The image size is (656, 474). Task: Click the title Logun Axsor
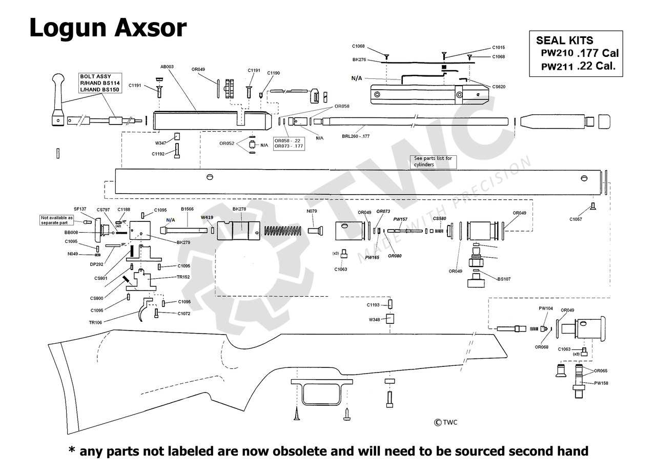pos(108,28)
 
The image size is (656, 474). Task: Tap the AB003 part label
pos(167,67)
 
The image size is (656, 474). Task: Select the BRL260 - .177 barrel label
pos(356,136)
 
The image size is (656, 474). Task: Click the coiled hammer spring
pos(282,231)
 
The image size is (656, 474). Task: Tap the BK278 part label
pos(239,209)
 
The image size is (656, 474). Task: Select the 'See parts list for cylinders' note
pos(433,161)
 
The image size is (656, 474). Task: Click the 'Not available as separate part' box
pos(56,220)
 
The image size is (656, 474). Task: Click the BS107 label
pos(504,279)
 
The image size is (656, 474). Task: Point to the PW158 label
pos(601,383)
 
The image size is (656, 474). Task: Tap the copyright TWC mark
pos(446,422)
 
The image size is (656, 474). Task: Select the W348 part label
pos(375,320)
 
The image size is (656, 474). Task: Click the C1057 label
pos(576,219)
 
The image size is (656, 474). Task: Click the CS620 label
pos(499,87)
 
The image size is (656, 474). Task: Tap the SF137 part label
pos(80,209)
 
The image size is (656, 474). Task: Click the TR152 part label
pos(183,277)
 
